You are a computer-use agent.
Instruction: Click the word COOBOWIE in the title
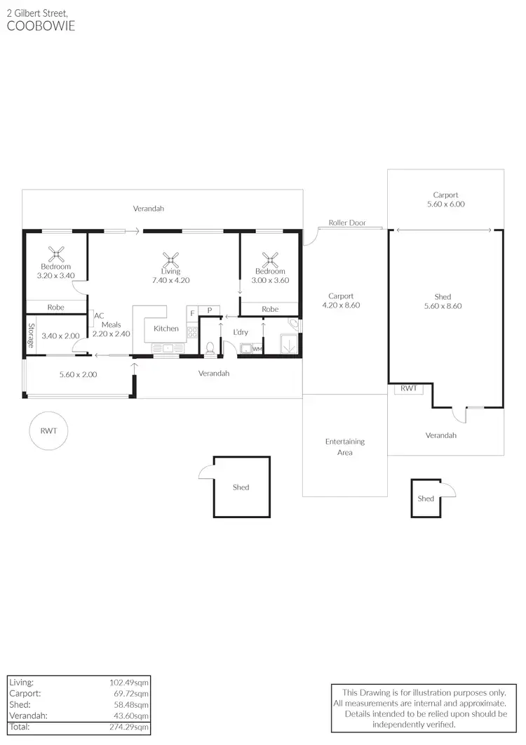tap(41, 27)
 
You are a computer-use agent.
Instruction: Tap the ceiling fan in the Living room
tap(170, 258)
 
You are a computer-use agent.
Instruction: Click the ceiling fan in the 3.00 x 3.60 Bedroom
tap(270, 258)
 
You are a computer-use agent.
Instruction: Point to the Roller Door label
tap(347, 223)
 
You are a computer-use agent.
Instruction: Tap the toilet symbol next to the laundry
tap(210, 347)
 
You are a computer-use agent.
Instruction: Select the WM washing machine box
tap(257, 349)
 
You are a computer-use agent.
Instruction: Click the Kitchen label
tap(166, 329)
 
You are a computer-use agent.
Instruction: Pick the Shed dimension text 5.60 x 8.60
tap(443, 306)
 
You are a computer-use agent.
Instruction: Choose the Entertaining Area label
tap(344, 447)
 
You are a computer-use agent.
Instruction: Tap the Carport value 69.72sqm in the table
tap(130, 693)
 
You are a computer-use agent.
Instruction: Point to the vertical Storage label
tap(31, 336)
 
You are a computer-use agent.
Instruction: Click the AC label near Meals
tap(99, 316)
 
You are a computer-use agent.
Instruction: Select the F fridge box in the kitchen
tap(192, 312)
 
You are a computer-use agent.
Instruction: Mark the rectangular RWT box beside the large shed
tap(408, 388)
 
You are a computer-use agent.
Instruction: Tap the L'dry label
tap(241, 332)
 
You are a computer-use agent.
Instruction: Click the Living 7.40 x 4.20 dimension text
tap(170, 280)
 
